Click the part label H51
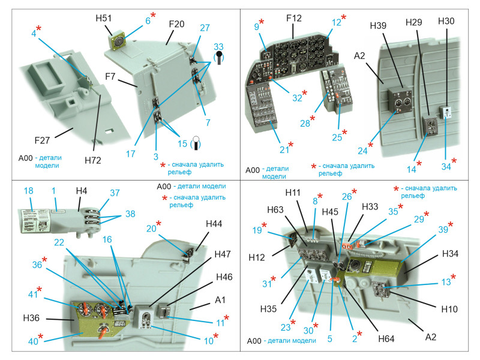coord(103,19)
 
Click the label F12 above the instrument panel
coord(294,19)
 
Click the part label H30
coord(446,21)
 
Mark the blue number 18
coord(28,190)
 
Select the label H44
coord(214,224)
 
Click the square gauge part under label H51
coord(119,41)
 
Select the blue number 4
coord(34,34)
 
